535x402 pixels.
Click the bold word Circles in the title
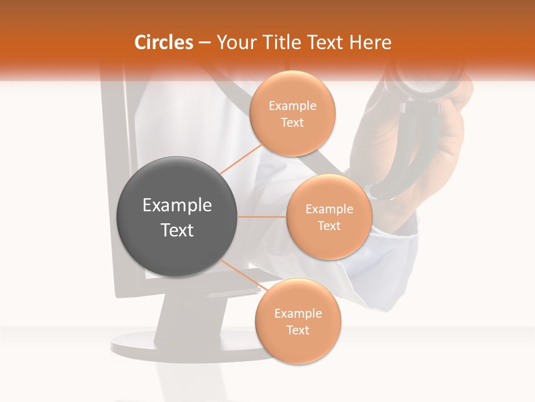click(x=163, y=42)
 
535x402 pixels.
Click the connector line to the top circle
click(x=241, y=159)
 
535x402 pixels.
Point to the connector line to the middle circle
click(x=262, y=217)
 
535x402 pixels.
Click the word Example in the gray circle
click(x=177, y=205)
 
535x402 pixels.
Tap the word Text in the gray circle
click(x=177, y=230)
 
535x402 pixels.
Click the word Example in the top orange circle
click(x=293, y=106)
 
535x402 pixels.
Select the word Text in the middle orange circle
click(x=329, y=226)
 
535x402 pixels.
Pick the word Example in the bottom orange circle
click(x=298, y=314)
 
